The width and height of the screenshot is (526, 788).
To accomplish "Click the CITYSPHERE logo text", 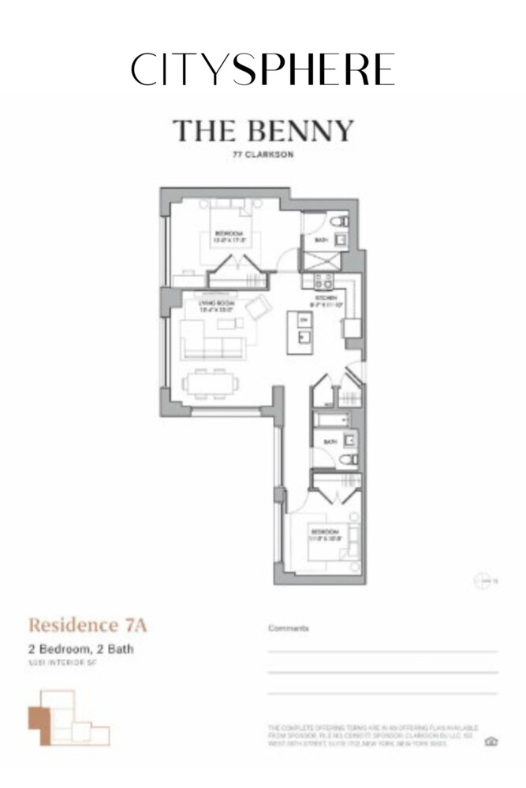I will point(263,69).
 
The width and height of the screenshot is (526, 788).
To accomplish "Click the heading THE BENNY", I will point(263,131).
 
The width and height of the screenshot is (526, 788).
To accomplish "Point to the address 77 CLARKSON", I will point(263,154).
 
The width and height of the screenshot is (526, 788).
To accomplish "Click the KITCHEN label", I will point(326,299).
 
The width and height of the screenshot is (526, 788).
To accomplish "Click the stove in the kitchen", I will point(323,280).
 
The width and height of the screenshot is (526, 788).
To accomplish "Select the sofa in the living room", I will point(209,340).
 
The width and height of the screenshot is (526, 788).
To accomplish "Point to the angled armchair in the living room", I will point(257,310).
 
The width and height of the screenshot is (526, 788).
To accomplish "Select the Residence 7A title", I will point(88,626).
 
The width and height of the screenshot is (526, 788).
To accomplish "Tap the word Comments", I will point(288,629).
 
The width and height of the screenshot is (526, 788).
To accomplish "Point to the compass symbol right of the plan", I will point(483,582).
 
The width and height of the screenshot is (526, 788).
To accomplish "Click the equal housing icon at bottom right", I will point(491,741).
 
